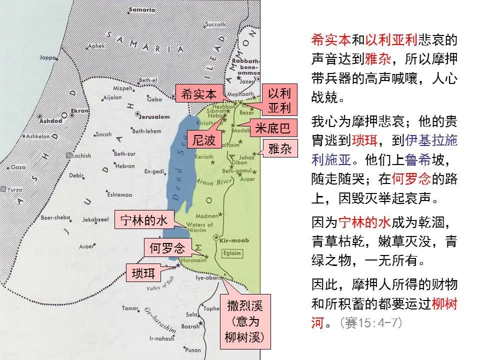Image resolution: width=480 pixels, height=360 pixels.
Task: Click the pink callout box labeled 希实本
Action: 198,93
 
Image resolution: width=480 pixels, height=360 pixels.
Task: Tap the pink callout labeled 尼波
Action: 204,140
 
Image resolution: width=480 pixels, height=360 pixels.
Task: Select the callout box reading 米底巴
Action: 272,128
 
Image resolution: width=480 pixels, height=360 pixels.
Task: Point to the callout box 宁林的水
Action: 144,220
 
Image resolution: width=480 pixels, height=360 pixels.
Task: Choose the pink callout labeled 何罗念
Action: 167,248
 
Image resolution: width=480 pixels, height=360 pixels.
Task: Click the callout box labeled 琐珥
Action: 143,273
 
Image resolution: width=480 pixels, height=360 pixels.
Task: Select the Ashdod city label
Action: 52,120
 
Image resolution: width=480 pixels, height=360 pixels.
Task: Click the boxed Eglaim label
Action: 232,253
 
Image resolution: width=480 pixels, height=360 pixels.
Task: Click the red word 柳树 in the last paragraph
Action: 444,303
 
